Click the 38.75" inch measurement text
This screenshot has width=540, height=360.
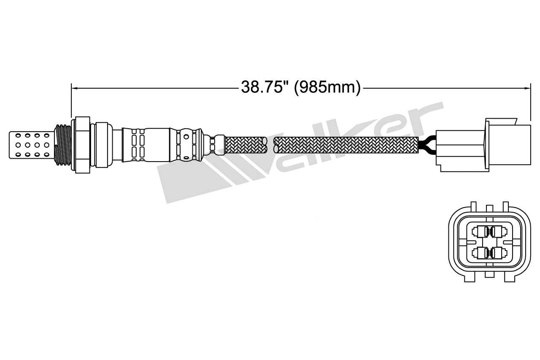click(265, 87)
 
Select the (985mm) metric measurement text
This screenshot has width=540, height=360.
click(327, 87)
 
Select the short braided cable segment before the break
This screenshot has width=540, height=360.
click(246, 144)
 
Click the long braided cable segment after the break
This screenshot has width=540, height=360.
click(346, 145)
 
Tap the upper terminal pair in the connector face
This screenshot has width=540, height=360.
click(489, 231)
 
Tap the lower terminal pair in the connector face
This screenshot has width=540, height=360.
click(489, 253)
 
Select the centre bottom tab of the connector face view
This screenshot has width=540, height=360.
click(489, 274)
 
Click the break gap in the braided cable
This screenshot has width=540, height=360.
click(270, 145)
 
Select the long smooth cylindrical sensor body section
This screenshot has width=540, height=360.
click(156, 144)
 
